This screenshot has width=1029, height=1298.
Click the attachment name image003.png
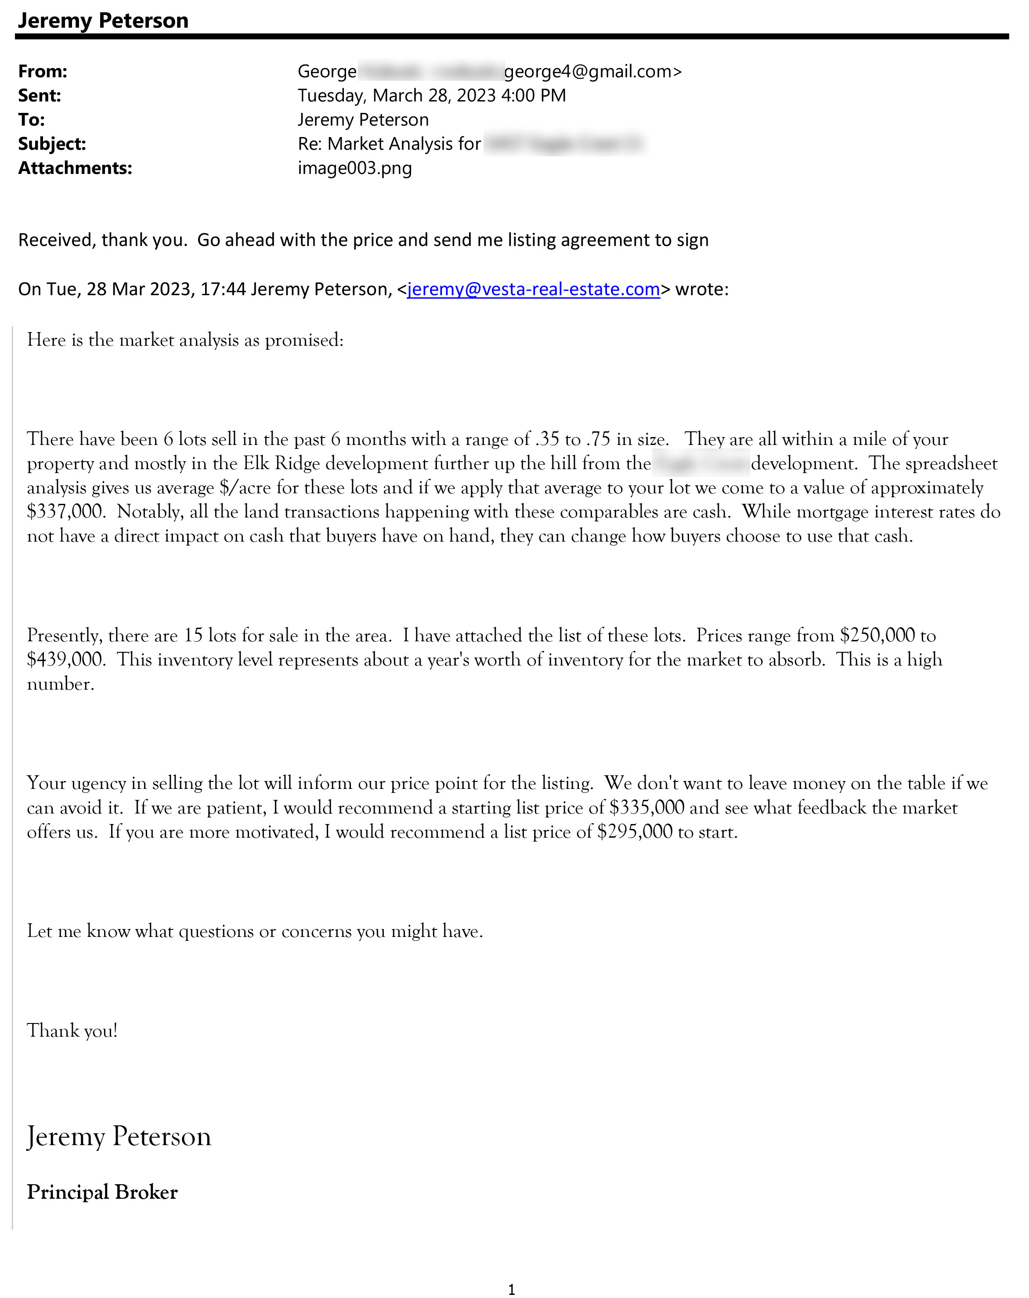(x=355, y=168)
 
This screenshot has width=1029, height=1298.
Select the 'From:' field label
(x=43, y=72)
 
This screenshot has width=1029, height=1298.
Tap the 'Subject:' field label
(x=52, y=144)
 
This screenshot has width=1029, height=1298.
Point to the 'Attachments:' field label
(x=75, y=168)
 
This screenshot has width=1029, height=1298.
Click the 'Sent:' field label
(x=40, y=96)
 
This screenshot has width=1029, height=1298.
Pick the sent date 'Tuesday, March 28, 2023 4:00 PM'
(x=432, y=96)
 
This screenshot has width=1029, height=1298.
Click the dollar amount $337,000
(x=65, y=512)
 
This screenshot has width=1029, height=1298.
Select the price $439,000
(x=65, y=660)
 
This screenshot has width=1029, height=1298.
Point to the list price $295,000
(x=634, y=832)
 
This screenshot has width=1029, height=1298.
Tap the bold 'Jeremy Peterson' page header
(x=103, y=21)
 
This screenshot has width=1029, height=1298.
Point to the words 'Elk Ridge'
(x=281, y=463)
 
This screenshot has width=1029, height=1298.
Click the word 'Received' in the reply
(x=54, y=240)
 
